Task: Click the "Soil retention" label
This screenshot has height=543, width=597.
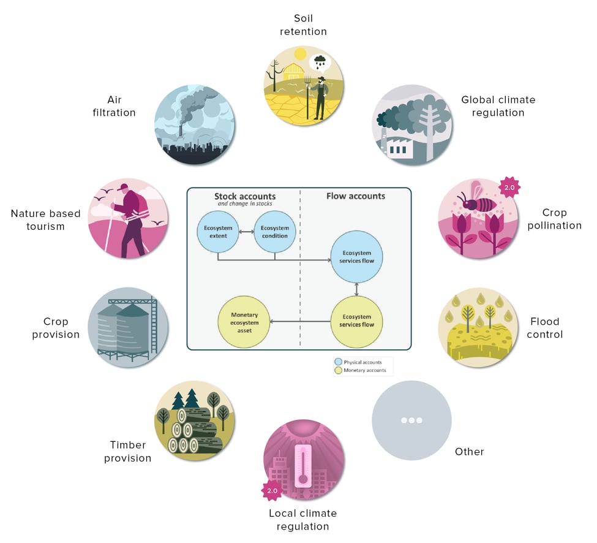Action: point(303,25)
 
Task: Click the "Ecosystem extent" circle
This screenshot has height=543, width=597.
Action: point(218,232)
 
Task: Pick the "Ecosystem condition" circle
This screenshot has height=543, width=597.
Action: point(275,232)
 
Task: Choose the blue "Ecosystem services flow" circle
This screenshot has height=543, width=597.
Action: point(356,257)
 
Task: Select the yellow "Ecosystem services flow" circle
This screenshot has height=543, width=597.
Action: point(356,321)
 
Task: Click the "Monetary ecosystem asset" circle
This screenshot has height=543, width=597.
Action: point(244,321)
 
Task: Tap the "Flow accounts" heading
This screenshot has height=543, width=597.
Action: point(358,196)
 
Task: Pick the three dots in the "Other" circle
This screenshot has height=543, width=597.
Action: point(411,420)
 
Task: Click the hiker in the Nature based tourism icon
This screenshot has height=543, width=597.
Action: point(130,218)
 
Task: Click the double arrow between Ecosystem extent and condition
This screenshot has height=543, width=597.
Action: point(246,232)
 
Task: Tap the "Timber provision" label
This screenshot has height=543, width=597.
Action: point(127,452)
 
